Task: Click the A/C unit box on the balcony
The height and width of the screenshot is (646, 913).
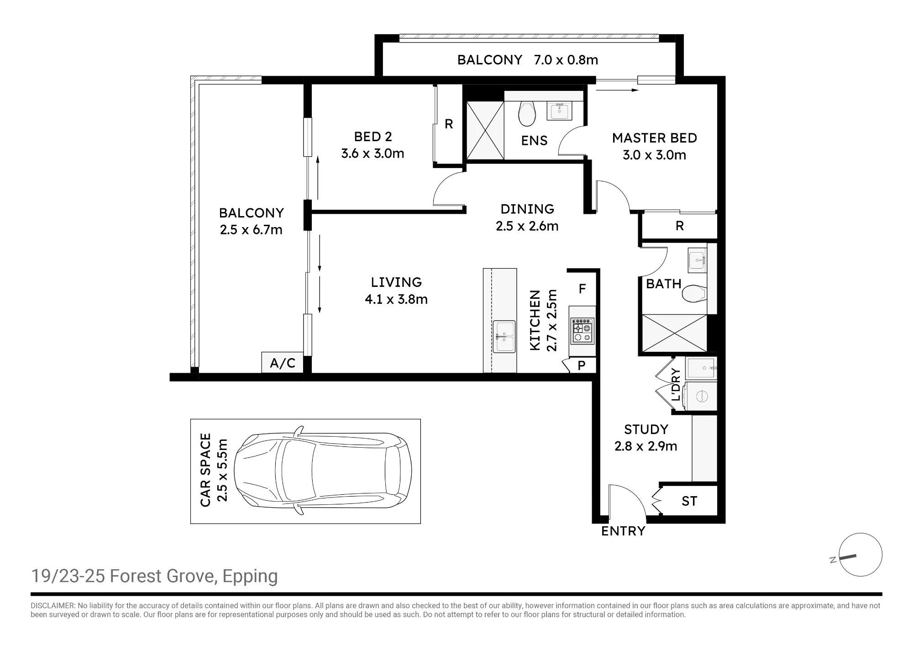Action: click(x=283, y=363)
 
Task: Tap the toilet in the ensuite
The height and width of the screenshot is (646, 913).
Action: click(x=527, y=114)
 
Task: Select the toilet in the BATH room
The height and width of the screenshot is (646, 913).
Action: click(x=694, y=294)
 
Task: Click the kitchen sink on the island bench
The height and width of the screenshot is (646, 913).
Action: click(x=504, y=337)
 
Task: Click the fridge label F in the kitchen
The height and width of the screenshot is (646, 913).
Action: click(x=582, y=289)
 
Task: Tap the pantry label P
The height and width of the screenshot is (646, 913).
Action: click(x=582, y=365)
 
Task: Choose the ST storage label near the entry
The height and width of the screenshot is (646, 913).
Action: click(x=689, y=501)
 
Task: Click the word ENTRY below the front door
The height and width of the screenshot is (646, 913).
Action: click(x=623, y=531)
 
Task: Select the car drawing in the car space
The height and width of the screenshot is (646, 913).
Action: click(x=323, y=471)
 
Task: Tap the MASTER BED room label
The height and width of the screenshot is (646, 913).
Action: click(x=654, y=138)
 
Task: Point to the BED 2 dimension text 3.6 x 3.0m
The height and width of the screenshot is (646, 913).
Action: click(x=373, y=154)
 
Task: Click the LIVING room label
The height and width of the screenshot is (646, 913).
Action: click(x=396, y=282)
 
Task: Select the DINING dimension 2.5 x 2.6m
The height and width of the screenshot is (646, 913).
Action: click(x=527, y=226)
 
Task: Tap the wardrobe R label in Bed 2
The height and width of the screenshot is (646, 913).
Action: click(x=449, y=124)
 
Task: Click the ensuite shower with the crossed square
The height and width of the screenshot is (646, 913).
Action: click(x=485, y=130)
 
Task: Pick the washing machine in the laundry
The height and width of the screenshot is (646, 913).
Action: click(x=702, y=396)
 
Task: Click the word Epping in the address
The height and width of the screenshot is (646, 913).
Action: click(x=250, y=577)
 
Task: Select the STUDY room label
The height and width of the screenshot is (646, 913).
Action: click(x=646, y=429)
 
